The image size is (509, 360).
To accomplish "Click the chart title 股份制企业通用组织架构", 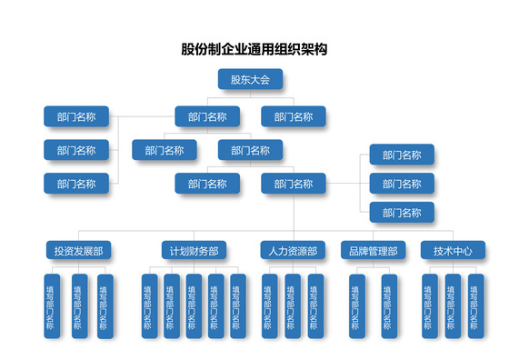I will pos(254,48).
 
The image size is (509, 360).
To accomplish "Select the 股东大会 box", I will pos(250,80).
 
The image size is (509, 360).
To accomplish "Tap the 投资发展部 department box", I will pos(77,250).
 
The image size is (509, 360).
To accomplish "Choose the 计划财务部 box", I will pos(193,250).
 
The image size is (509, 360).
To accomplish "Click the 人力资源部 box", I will pos(294,250).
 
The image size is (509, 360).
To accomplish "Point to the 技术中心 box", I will pos(452,250).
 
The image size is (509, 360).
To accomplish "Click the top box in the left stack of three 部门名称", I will pos(76,116).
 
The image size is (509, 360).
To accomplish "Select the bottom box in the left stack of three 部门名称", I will pos(76,183).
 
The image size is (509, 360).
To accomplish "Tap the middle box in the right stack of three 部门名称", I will pos(402,184).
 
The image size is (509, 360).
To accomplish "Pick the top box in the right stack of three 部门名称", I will pos(402,155).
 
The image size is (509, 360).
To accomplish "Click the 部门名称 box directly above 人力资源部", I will pos(294,184).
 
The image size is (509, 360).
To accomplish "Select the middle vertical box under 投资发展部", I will pos(80,306).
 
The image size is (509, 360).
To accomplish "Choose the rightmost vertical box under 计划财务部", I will pos(237,306).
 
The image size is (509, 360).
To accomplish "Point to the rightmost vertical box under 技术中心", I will pos(474,306).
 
